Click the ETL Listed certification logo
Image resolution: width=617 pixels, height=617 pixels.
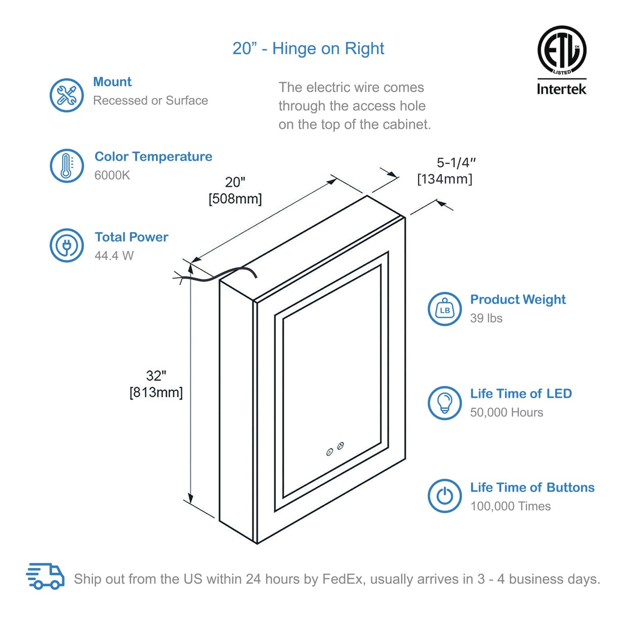(561, 50)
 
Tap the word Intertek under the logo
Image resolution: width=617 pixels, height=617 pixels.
(561, 89)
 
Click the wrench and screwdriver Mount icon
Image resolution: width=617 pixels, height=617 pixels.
(67, 95)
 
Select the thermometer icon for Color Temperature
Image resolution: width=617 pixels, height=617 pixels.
(67, 166)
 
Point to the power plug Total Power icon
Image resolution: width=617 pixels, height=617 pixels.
(67, 246)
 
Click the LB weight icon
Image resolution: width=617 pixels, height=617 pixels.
(445, 309)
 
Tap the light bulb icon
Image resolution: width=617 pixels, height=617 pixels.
(445, 403)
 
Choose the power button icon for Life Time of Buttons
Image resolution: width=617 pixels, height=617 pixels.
(445, 496)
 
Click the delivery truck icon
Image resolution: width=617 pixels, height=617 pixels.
(45, 576)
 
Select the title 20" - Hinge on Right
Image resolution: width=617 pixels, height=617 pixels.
(308, 49)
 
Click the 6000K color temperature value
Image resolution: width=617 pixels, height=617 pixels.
(112, 175)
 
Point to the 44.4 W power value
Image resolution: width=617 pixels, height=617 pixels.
(114, 256)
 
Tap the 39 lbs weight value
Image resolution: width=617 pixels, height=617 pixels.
(486, 319)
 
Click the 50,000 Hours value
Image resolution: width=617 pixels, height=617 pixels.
(506, 412)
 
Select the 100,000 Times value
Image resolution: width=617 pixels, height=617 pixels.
(510, 506)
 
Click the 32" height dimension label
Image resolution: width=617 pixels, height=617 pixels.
(156, 376)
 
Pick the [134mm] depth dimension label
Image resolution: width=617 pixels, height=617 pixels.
(444, 179)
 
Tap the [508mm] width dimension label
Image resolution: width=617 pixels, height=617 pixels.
(235, 199)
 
